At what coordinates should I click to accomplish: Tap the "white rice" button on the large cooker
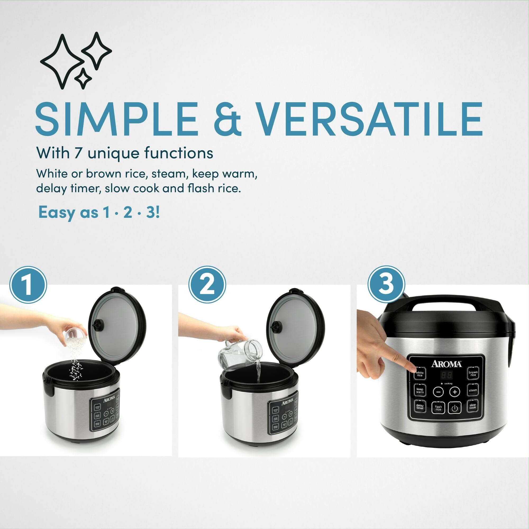[x=419, y=374]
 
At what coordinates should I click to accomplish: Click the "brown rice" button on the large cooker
[x=473, y=373]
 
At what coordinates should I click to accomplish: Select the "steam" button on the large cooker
[x=473, y=390]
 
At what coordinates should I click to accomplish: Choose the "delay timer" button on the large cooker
[x=420, y=407]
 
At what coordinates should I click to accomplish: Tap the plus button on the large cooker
[x=455, y=392]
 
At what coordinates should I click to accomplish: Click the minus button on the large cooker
[x=438, y=392]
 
